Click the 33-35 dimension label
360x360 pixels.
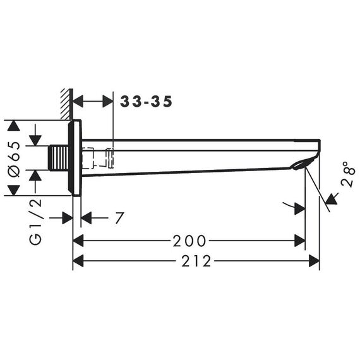pos(146,102)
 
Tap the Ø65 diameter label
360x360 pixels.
pos(14,159)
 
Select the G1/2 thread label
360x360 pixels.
pos(35,221)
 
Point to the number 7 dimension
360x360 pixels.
pos(119,218)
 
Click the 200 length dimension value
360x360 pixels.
pos(189,241)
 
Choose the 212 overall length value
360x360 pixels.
pos(196,261)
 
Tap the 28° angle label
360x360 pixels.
pos(348,174)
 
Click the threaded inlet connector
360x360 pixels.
pos(59,158)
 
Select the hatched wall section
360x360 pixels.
pos(66,104)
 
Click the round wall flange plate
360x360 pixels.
pos(75,158)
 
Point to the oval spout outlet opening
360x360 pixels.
pos(299,165)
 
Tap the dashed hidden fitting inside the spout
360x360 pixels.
pos(98,158)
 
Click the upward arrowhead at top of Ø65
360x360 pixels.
pos(14,126)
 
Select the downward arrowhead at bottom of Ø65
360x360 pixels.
pos(14,190)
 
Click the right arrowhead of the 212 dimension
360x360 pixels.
pos(314,261)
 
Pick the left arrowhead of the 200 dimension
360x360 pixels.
pos(78,241)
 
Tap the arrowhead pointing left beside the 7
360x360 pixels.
pos(87,218)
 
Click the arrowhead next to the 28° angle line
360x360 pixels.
pos(332,200)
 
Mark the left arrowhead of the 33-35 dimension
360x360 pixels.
pos(78,101)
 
